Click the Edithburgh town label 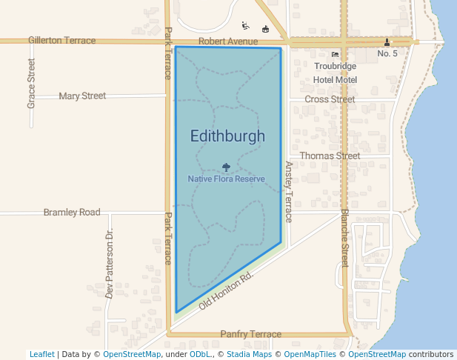coord(227,136)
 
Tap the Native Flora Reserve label coord(226,179)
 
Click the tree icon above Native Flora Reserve coord(226,167)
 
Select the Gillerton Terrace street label coord(62,40)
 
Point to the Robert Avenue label coord(228,41)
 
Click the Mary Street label coord(82,96)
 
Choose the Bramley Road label coord(72,213)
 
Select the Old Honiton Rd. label coord(227,289)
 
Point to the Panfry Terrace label coord(251,334)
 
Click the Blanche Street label coord(344,237)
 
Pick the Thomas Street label coord(330,156)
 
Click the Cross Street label coord(330,99)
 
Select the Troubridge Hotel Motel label coord(335,73)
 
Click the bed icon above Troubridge coord(335,54)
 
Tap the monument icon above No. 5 coord(387,42)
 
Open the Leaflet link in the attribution coord(42,354)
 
